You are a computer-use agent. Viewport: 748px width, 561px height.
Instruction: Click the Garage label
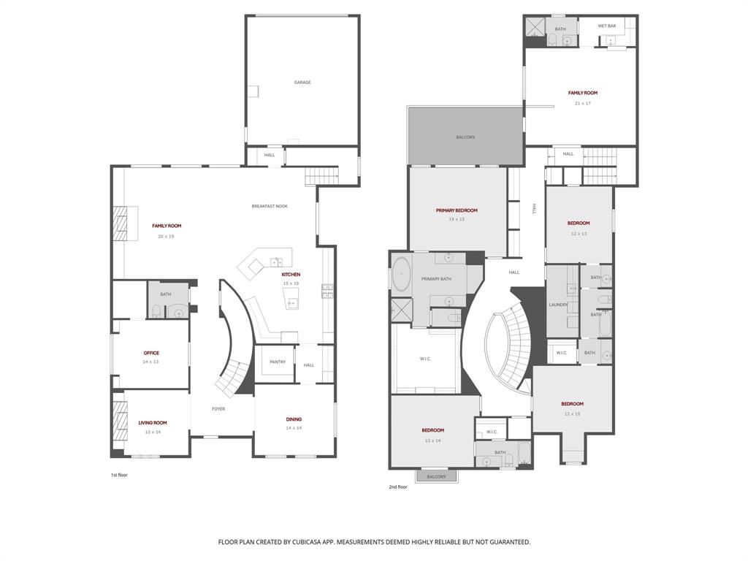point(302,83)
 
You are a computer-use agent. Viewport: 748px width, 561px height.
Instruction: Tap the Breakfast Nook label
point(270,206)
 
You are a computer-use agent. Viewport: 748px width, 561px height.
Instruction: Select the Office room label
point(151,353)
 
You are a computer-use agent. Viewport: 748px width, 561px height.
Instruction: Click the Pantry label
point(278,362)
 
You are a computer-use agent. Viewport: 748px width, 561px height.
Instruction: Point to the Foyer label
point(218,409)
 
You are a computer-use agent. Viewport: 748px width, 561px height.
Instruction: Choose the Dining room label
point(294,419)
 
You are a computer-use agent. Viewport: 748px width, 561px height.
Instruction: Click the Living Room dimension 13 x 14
point(153,432)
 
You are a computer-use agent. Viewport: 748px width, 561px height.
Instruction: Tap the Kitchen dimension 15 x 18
point(291,283)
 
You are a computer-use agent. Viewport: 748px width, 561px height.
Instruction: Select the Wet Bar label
point(607,26)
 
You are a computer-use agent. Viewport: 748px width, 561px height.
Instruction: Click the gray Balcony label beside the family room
point(465,137)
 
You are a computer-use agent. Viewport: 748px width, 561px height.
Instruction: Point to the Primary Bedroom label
point(457,210)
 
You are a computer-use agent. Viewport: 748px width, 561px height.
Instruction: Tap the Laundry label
point(558,305)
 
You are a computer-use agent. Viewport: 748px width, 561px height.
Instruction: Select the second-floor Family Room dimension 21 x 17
point(583,103)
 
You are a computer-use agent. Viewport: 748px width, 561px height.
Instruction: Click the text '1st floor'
point(119,475)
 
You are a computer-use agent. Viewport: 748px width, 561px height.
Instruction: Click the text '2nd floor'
point(398,486)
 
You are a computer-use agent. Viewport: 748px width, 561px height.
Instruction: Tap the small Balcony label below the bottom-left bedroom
point(436,476)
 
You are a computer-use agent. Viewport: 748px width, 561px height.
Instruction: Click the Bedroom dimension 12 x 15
point(572,414)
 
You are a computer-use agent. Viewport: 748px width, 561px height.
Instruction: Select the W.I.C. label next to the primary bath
point(424,359)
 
